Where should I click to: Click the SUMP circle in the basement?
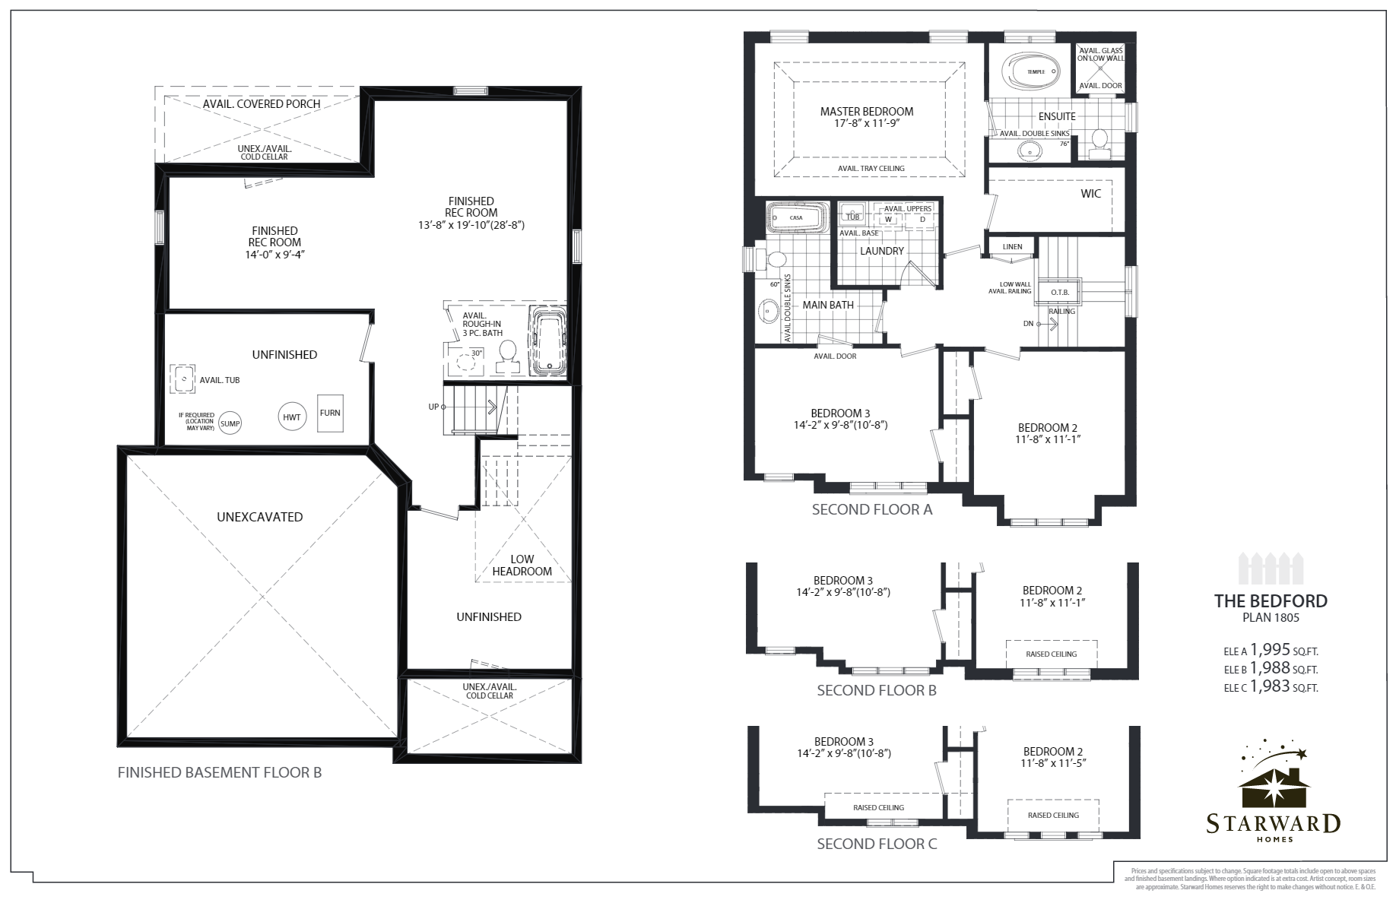tap(230, 423)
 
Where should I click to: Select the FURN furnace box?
tap(330, 413)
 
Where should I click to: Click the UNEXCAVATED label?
tap(259, 517)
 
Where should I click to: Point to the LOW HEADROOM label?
tap(522, 566)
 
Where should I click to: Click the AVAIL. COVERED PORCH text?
tap(262, 103)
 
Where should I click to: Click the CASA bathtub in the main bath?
tap(795, 217)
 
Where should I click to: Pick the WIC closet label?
tap(1090, 194)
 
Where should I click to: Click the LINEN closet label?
tap(1012, 247)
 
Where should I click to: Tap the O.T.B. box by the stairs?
tap(1060, 293)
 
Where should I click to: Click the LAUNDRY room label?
tap(882, 251)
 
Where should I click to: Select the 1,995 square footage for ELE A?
tap(1270, 650)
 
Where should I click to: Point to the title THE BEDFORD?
tap(1271, 601)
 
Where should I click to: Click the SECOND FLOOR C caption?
tap(877, 844)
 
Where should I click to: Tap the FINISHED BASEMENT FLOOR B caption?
tap(220, 773)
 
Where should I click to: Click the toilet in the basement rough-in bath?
tap(507, 354)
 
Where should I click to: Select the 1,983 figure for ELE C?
tap(1270, 686)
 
